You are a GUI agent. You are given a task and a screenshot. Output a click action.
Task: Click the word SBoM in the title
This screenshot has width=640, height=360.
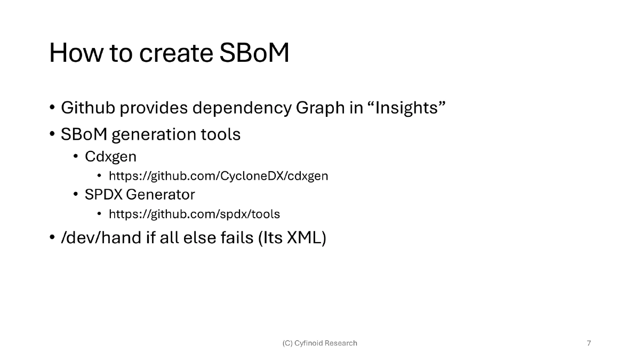254,53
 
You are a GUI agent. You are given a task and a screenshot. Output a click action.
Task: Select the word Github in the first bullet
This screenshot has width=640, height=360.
87,108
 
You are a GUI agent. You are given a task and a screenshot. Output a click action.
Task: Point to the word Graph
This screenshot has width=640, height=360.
321,108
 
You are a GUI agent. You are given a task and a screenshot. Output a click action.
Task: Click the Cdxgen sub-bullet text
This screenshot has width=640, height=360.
110,157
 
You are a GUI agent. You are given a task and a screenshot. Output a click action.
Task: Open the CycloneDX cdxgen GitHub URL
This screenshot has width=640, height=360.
218,176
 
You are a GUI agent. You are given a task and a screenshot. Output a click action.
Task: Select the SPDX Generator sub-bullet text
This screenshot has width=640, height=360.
140,195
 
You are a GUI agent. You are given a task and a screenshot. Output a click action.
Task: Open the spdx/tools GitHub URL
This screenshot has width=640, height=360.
194,214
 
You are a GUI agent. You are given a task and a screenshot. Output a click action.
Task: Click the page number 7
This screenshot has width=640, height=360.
589,343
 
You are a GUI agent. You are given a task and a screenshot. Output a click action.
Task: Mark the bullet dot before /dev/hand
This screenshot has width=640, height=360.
52,238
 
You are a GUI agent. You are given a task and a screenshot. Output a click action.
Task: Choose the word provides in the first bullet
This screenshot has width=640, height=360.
153,108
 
